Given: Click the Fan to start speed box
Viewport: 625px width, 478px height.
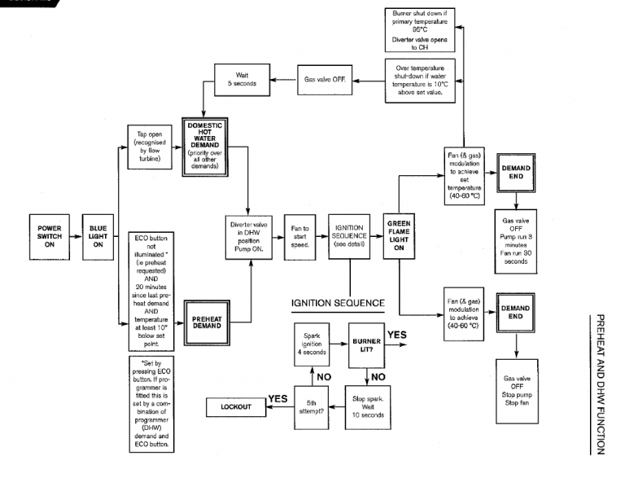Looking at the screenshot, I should pyautogui.click(x=302, y=236).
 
